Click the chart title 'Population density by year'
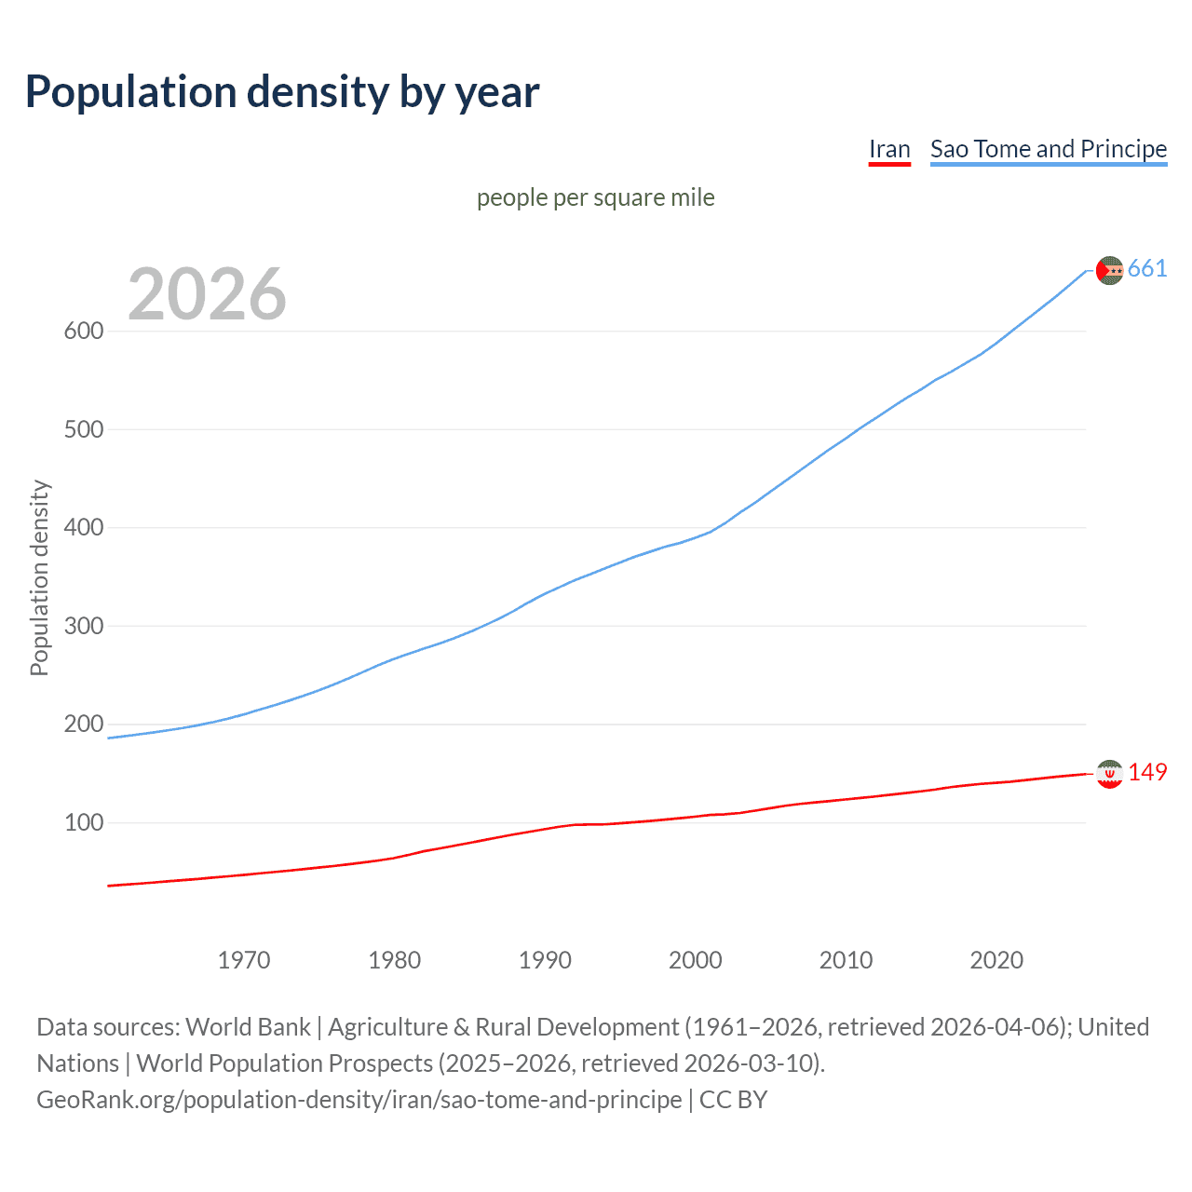282,92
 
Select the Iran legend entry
889,149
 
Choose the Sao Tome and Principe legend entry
1048,149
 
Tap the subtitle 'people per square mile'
595,197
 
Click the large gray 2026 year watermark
207,294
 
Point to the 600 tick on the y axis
83,332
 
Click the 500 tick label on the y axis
83,429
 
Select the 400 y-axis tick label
83,528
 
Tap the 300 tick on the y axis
83,626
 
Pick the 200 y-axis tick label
83,725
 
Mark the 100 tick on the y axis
83,822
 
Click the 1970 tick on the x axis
244,960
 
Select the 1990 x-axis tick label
545,960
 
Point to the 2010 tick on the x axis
846,960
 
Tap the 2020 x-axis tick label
996,960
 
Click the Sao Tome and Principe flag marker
1109,270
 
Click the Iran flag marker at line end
1109,774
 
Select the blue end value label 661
1147,269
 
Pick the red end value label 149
1147,773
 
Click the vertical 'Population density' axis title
39,577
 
